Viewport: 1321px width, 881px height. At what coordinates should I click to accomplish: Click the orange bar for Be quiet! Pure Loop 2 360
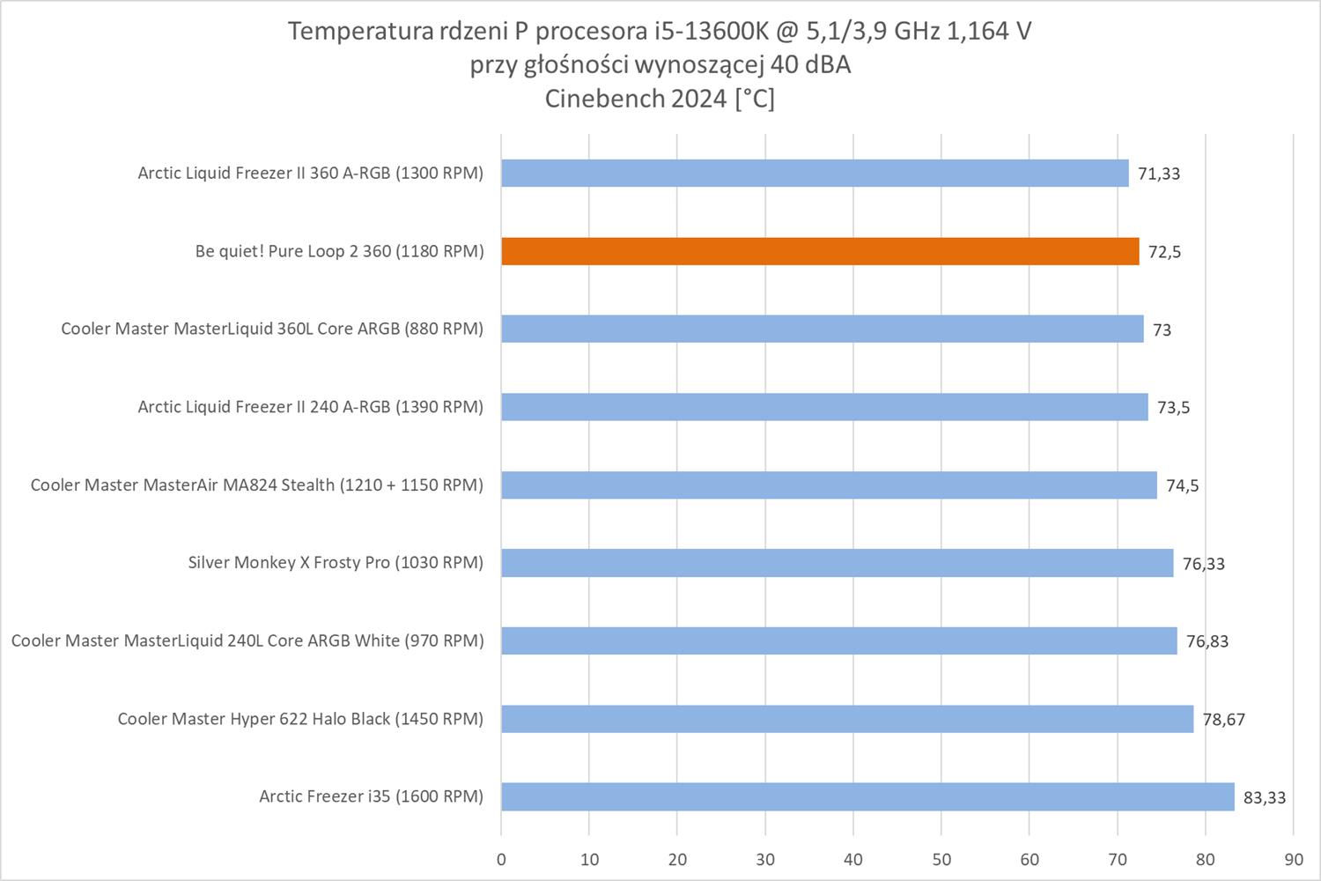[x=820, y=251]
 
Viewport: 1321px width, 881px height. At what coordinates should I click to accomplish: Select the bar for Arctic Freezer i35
[x=867, y=796]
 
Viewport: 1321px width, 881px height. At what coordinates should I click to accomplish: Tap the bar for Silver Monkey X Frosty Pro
[x=837, y=563]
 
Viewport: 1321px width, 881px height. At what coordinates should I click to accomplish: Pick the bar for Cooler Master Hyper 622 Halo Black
[x=847, y=719]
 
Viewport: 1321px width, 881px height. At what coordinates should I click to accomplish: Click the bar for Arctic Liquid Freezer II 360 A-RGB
[x=815, y=173]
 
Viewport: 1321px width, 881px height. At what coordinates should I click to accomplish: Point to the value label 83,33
[x=1265, y=798]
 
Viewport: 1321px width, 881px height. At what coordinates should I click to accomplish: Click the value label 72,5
[x=1165, y=252]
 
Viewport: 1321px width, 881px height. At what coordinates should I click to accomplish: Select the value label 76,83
[x=1207, y=641]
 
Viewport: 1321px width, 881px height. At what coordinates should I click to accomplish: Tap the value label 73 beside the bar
[x=1162, y=330]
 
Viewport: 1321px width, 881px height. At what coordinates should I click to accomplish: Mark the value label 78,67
[x=1224, y=720]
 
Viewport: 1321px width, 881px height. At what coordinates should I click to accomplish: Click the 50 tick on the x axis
[x=941, y=860]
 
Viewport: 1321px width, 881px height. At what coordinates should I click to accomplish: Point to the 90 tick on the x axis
[x=1293, y=860]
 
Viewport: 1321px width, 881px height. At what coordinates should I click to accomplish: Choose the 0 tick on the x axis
[x=502, y=860]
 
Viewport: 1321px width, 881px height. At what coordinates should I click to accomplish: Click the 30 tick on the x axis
[x=765, y=860]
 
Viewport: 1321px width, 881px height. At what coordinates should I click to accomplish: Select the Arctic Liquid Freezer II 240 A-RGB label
[x=310, y=407]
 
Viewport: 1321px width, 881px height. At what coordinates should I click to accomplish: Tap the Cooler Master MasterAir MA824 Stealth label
[x=256, y=485]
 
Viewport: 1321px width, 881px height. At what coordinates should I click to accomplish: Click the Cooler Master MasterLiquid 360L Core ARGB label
[x=272, y=329]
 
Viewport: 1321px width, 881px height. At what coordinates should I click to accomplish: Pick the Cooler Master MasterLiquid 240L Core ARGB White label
[x=247, y=641]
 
